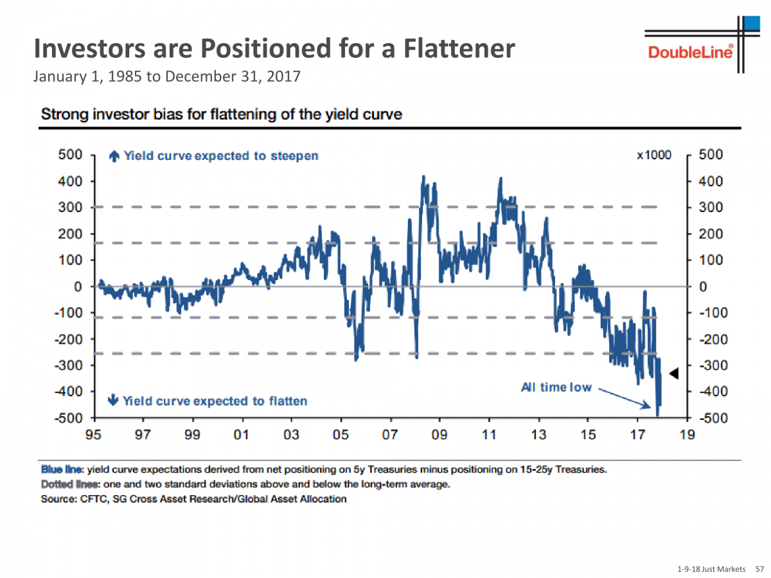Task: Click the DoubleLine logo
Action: [690, 51]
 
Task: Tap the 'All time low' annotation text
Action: [556, 387]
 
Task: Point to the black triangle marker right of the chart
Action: [674, 373]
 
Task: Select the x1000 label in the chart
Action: [654, 155]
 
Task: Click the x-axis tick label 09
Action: [440, 435]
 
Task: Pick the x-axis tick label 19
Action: [687, 435]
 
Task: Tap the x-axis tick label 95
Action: [94, 435]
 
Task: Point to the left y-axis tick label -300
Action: [69, 365]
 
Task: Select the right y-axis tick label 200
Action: [711, 234]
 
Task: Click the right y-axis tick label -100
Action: [709, 313]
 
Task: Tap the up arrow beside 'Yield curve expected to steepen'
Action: [114, 155]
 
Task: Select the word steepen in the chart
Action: [295, 156]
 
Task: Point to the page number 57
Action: [759, 569]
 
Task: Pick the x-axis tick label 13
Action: [539, 435]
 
